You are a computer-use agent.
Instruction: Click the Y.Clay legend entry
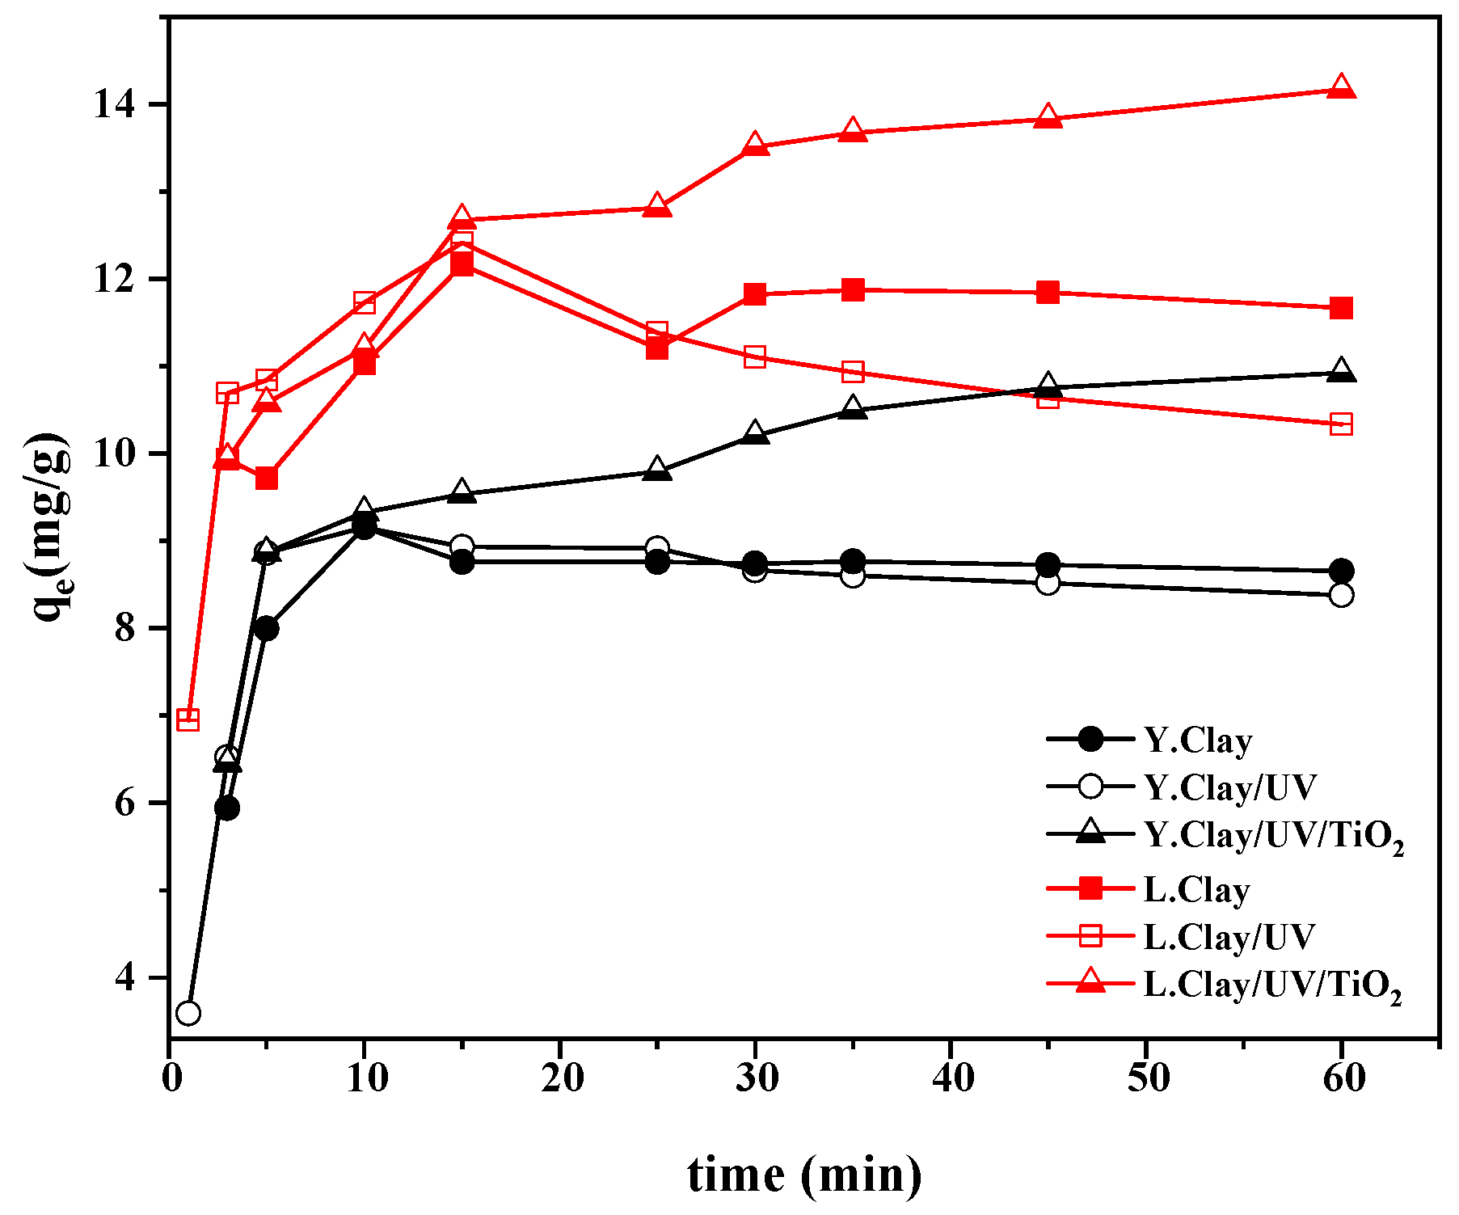coord(1198,740)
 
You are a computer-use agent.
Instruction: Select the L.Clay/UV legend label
coord(1229,937)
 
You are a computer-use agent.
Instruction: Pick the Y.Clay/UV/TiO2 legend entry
coord(1273,836)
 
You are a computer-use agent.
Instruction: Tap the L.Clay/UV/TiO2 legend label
coord(1271,985)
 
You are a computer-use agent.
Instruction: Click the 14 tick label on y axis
coord(113,105)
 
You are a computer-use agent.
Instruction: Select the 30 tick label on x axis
coord(756,1079)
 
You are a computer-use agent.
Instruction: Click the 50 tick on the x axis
coord(1147,1079)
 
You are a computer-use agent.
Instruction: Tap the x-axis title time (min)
coord(804,1175)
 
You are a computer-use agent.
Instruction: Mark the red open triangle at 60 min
coord(1341,86)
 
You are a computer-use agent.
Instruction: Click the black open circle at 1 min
coord(188,1013)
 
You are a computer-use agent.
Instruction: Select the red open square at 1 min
coord(188,719)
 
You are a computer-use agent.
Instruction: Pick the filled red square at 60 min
coord(1341,308)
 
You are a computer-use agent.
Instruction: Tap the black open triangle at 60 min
coord(1341,371)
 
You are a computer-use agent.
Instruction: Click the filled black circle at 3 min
coord(227,808)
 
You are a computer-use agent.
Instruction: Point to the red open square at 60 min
coord(1341,424)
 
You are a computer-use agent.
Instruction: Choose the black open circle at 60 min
coord(1341,595)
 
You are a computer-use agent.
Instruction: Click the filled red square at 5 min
coord(267,479)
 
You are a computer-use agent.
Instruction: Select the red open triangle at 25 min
coord(657,206)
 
